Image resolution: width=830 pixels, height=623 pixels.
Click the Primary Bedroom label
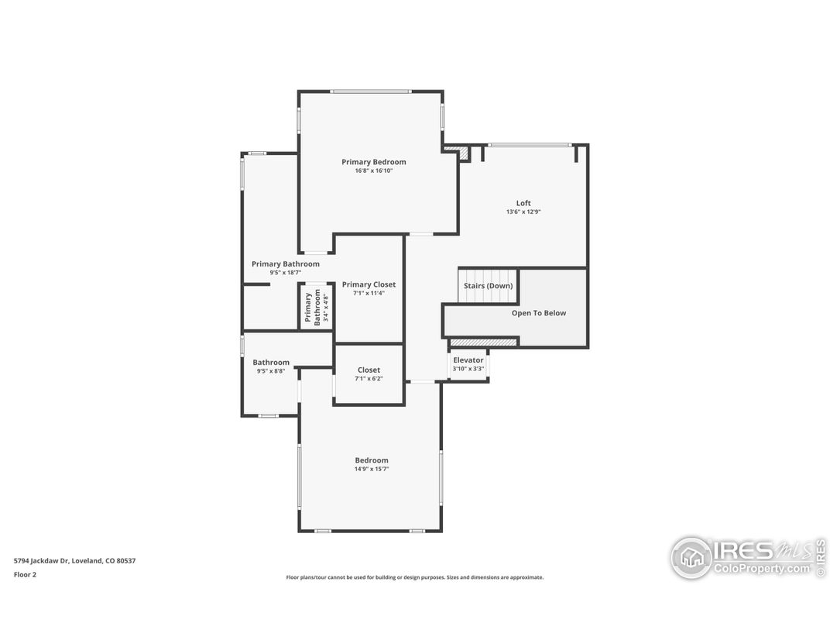(x=373, y=162)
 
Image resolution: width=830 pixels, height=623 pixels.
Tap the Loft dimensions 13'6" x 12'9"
(x=523, y=212)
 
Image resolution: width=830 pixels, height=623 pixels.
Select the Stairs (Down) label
(x=488, y=286)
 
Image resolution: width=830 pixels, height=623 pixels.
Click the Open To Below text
(x=538, y=313)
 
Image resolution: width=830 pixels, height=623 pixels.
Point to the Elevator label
(x=468, y=360)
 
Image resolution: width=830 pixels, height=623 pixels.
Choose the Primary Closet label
(x=369, y=284)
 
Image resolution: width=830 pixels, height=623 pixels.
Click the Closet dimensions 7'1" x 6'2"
(x=369, y=379)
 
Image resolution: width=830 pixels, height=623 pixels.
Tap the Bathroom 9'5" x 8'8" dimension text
(x=270, y=371)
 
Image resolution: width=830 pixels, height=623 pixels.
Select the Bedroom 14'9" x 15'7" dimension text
(x=372, y=469)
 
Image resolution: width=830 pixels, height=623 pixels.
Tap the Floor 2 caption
(x=25, y=575)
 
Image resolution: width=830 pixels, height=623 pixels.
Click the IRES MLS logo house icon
(x=691, y=557)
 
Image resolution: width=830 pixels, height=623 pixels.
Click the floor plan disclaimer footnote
(x=414, y=577)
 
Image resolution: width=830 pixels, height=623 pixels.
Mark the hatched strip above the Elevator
(x=483, y=342)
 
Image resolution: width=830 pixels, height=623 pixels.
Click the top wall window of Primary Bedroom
(x=370, y=91)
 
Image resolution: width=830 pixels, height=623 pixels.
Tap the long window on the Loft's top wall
(x=530, y=145)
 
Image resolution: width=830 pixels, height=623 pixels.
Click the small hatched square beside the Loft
(x=463, y=154)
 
